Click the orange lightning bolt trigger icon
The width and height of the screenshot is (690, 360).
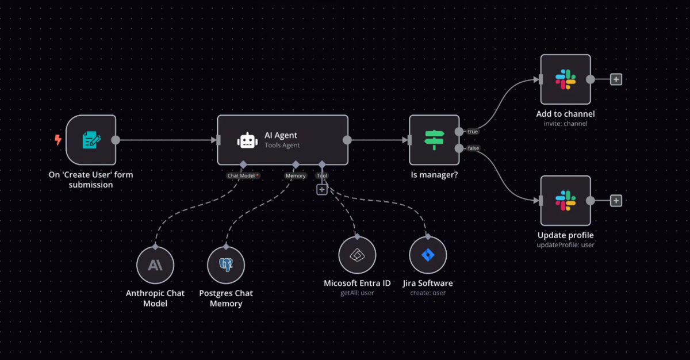tap(57, 140)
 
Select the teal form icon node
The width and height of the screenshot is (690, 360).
tap(91, 140)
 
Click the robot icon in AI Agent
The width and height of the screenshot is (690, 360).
tap(247, 141)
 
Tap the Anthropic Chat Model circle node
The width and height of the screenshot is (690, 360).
tap(155, 265)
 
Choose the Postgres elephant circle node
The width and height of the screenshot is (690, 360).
tap(226, 265)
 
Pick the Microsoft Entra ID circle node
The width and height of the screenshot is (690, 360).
tap(357, 255)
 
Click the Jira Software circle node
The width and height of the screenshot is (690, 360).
tap(428, 255)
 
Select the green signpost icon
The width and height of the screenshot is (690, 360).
tap(434, 140)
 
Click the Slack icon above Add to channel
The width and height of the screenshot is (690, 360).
tap(566, 79)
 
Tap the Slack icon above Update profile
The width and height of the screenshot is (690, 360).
tap(566, 201)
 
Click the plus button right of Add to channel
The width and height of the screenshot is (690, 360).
tap(616, 79)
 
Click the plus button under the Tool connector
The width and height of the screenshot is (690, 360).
tap(322, 190)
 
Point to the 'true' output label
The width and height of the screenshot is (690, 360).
tap(473, 132)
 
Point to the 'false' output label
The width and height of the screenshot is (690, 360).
tap(473, 148)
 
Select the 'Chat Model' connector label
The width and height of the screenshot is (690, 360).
tap(241, 175)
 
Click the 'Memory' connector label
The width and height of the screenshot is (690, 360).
tap(296, 175)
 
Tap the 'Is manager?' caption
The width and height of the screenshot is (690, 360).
tap(434, 175)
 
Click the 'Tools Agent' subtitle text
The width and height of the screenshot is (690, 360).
tap(282, 145)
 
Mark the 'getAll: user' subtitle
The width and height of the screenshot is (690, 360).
tap(357, 293)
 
